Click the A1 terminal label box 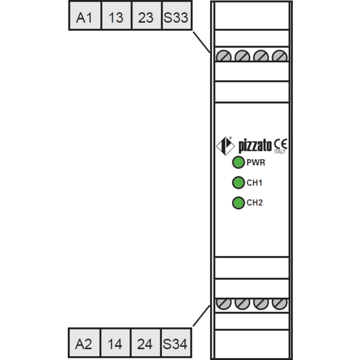point(85,16)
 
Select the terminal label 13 point(116,16)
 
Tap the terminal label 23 point(146,16)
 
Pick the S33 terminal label point(177,16)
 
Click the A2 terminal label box point(84,343)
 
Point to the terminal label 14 point(115,343)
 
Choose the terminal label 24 point(145,343)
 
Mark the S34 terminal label point(176,343)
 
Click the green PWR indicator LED point(238,163)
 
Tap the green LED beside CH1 point(238,183)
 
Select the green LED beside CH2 point(238,203)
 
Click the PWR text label point(256,163)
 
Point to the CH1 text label point(254,183)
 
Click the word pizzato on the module point(255,146)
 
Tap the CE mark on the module point(280,144)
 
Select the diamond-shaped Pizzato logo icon point(226,146)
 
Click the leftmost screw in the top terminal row point(224,56)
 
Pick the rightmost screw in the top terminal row point(280,56)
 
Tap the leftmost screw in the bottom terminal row point(224,304)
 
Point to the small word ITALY point(280,152)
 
